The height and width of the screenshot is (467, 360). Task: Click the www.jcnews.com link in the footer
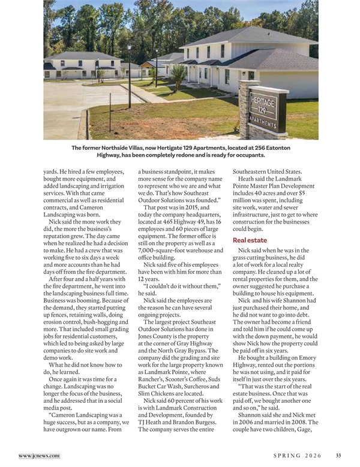(39, 456)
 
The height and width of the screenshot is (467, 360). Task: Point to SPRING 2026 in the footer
(298, 456)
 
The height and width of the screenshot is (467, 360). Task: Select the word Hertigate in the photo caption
(157, 147)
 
